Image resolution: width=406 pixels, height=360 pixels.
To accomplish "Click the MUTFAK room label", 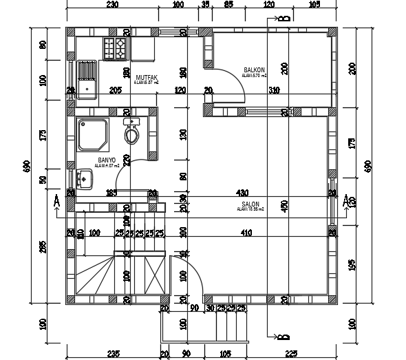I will point(147,77).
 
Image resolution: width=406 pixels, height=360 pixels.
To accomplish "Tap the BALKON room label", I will point(254,70).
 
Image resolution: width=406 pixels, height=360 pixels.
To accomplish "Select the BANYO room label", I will point(107,160).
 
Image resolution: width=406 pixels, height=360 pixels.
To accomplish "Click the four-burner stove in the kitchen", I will point(115,48).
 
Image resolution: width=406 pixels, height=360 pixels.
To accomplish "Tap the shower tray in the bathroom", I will point(93,135).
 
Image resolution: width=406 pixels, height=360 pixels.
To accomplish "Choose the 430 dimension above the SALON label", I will point(242,193).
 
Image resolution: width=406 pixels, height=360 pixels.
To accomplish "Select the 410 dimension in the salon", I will point(246,233).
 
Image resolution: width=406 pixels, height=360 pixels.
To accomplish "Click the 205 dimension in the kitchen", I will point(115,90).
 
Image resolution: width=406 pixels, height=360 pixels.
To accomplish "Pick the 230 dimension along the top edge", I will point(112,5).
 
